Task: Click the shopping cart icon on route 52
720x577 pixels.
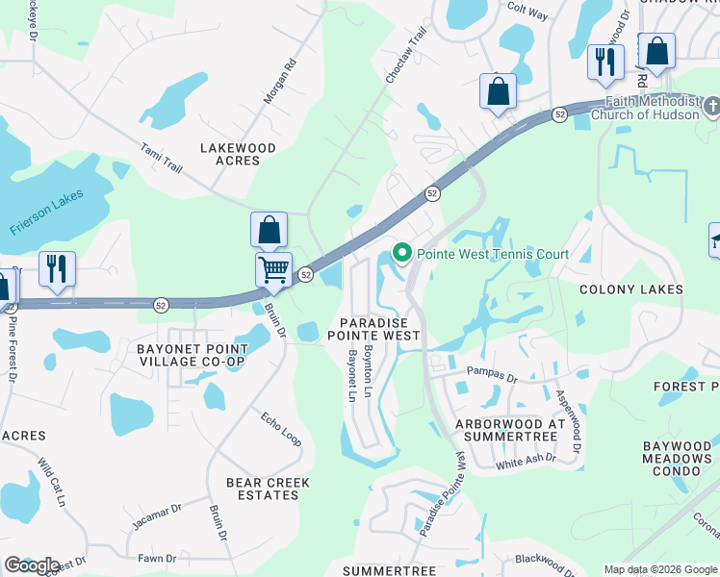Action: [x=274, y=270]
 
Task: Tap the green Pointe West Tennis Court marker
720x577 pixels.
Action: [x=401, y=254]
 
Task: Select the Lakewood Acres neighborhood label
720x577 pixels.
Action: [x=237, y=155]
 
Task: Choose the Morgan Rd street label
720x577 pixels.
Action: [x=278, y=86]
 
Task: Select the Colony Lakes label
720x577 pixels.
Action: [x=630, y=289]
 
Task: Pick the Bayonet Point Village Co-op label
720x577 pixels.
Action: [x=191, y=354]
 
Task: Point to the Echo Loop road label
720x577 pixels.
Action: [x=281, y=430]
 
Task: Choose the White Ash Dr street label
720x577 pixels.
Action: [x=526, y=460]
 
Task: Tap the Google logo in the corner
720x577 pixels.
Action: [x=32, y=565]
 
